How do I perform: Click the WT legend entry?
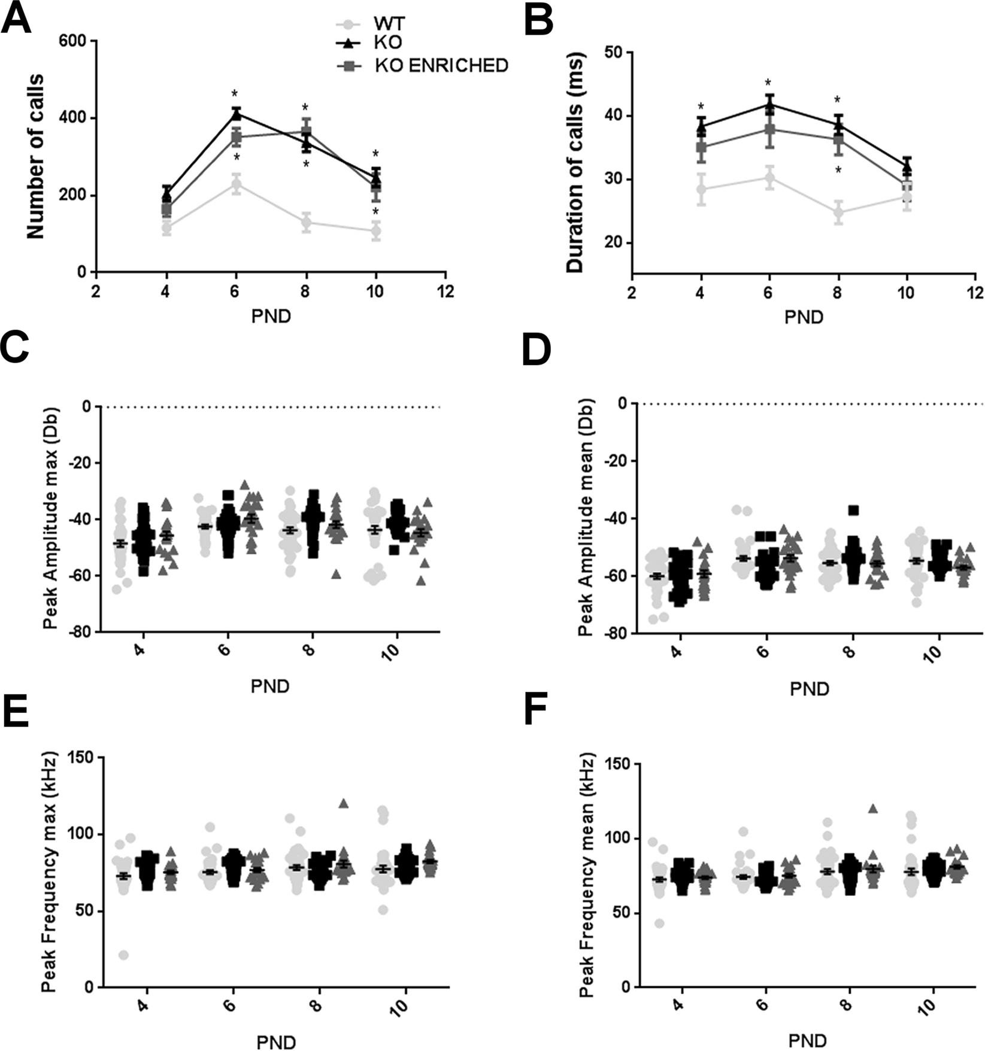389,24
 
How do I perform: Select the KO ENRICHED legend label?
441,65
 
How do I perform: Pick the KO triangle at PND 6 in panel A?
236,113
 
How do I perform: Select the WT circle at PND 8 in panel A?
307,223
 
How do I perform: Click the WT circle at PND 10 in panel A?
376,231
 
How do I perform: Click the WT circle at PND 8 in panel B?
838,212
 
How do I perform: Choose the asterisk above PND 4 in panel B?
701,108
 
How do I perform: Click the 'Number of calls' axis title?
36,156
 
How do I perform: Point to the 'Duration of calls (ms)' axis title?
575,162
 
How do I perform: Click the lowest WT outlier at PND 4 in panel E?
123,955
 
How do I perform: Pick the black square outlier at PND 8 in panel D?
853,510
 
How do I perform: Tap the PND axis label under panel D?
809,689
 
